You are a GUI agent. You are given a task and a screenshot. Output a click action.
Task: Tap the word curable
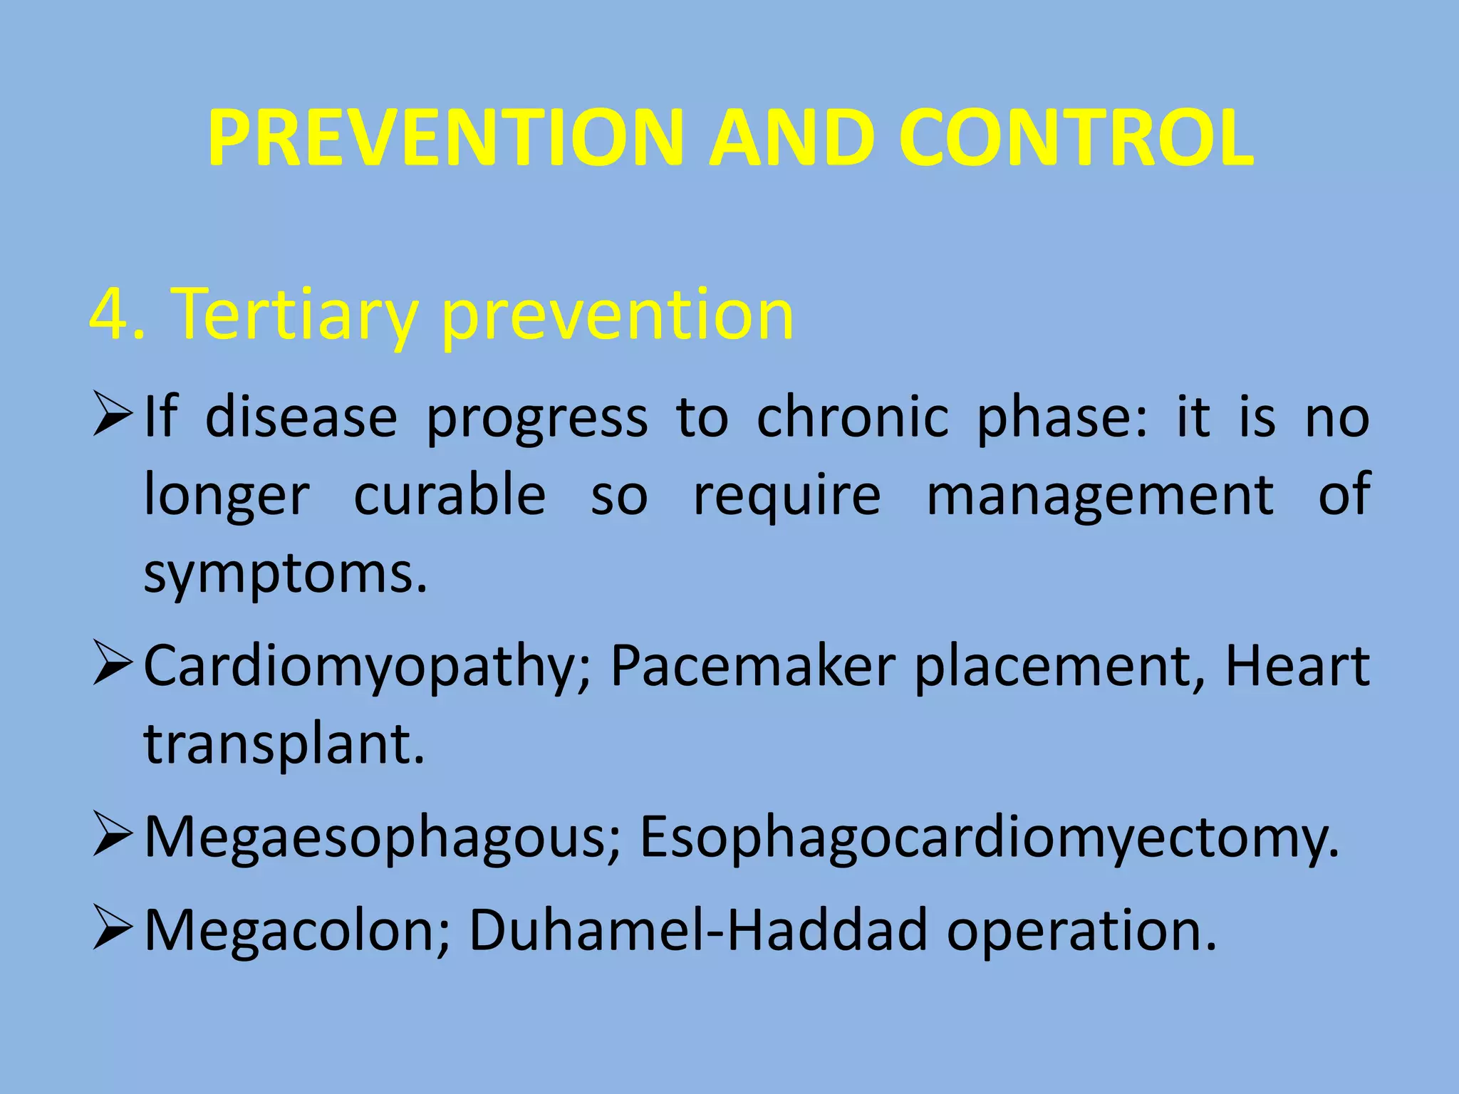pyautogui.click(x=450, y=494)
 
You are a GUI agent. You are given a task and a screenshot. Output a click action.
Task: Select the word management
pyautogui.click(x=1100, y=494)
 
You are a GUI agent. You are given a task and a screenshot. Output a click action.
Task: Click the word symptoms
pyautogui.click(x=285, y=574)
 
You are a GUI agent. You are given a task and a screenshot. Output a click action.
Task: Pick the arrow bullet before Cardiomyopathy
pyautogui.click(x=113, y=665)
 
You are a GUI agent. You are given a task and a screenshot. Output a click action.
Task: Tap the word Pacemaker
pyautogui.click(x=752, y=665)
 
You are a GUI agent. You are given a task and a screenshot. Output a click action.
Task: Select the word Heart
pyautogui.click(x=1297, y=665)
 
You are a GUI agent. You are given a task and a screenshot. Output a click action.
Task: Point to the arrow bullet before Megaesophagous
pyautogui.click(x=113, y=836)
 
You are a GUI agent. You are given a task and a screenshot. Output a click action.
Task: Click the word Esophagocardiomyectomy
pyautogui.click(x=989, y=836)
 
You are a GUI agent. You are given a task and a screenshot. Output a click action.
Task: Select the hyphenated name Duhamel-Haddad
pyautogui.click(x=698, y=930)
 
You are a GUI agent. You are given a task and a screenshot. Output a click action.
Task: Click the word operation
pyautogui.click(x=1081, y=930)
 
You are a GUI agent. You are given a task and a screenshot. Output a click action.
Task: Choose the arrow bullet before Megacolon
pyautogui.click(x=113, y=930)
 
